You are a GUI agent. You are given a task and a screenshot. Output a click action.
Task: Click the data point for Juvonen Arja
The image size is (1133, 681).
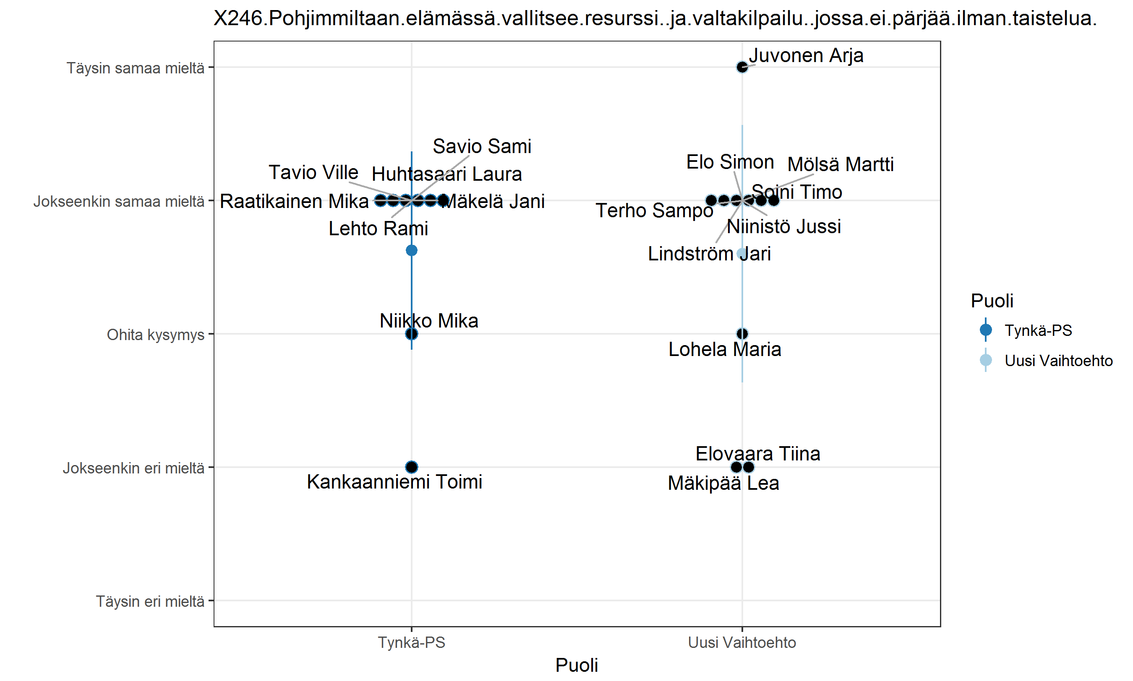pos(741,68)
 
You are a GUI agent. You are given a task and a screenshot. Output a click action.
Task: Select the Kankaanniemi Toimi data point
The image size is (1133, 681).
pos(411,467)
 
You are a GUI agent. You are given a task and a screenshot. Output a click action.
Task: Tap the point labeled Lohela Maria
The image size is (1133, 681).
pos(742,334)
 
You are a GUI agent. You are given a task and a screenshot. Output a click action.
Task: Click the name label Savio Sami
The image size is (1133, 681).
pos(482,147)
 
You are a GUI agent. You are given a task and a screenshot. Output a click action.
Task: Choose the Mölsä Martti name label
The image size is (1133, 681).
pos(840,165)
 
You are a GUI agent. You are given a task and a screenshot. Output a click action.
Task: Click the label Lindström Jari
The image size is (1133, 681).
pos(709,254)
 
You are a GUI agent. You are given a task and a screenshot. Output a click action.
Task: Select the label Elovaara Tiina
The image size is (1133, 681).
pos(757,454)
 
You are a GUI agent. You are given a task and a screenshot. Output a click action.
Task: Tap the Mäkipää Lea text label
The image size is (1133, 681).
pos(723,483)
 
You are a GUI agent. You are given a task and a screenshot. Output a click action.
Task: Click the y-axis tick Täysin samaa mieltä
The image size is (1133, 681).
pos(136,68)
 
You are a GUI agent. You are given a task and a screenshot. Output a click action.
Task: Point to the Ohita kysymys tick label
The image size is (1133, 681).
pos(155,335)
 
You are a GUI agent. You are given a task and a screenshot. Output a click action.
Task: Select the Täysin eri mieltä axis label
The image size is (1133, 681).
pos(150,601)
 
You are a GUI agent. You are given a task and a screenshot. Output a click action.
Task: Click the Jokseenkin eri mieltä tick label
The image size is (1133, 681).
pos(133,468)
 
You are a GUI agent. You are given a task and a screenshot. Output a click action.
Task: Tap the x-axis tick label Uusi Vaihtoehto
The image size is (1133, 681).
pos(741,642)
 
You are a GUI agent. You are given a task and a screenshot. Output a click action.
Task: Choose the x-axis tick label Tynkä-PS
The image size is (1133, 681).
pos(411,642)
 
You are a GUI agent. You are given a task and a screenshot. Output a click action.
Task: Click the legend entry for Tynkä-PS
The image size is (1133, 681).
pos(1037,330)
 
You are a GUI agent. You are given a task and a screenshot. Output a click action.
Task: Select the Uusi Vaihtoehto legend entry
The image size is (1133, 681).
pos(1058,361)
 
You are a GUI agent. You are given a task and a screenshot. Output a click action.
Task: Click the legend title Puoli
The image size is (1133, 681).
pos(992,301)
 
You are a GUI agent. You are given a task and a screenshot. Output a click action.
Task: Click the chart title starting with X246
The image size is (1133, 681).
pos(655,18)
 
